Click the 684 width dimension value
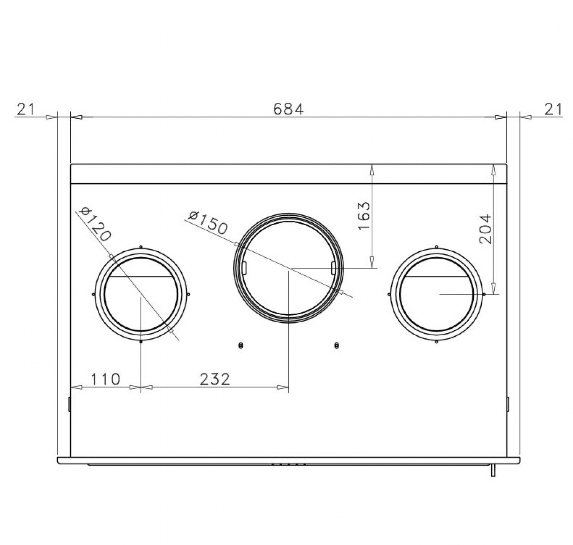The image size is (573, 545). pos(288,109)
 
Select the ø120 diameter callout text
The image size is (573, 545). pos(96,223)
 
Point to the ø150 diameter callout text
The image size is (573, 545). pos(207,223)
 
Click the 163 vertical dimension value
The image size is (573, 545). pos(364,215)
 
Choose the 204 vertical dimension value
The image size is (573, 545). pos(485,229)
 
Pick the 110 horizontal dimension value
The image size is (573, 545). pos(105,379)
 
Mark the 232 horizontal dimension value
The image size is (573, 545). pos(215,379)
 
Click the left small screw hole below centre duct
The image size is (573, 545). pos(240,346)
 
